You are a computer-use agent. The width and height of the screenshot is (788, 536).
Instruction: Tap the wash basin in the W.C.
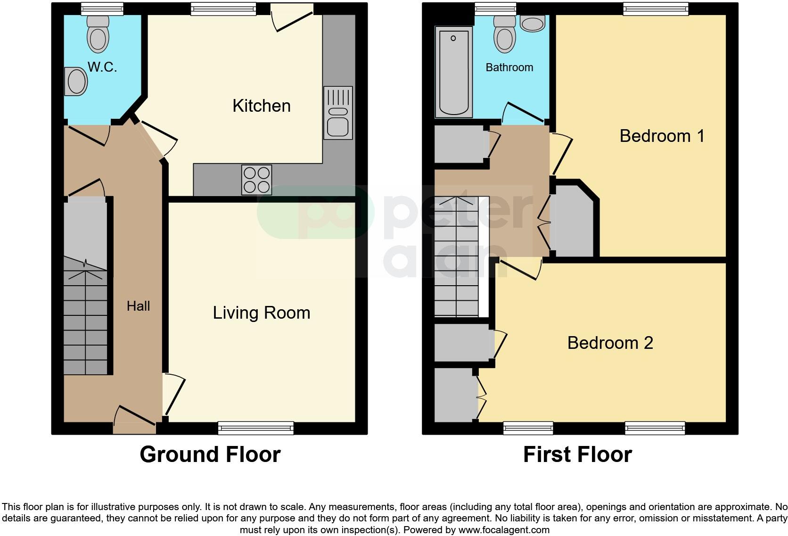coord(76,82)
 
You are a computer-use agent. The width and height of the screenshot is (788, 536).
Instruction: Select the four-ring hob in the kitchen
coord(256,180)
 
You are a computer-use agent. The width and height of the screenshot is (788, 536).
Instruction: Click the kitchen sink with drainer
coord(338,113)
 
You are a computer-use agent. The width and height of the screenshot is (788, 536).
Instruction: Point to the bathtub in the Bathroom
coord(453,72)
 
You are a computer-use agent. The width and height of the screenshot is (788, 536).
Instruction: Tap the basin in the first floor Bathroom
coord(533,24)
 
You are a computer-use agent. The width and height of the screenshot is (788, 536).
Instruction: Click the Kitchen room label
coord(261,106)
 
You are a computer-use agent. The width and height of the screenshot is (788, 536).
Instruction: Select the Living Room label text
coord(261,313)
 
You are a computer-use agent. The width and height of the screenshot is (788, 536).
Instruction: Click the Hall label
coord(138,306)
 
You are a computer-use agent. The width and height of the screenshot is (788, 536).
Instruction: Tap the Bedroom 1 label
coord(662,136)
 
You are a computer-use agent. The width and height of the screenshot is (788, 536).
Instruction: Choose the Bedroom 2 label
coord(610,343)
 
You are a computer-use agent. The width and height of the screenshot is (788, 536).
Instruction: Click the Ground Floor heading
coord(210,454)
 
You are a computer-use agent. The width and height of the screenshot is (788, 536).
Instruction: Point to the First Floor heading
coord(577,454)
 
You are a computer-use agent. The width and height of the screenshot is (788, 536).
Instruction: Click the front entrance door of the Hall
coord(134,422)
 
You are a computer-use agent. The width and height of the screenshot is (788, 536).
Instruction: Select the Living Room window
coord(255,428)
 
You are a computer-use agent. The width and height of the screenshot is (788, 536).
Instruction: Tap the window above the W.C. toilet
coord(102,8)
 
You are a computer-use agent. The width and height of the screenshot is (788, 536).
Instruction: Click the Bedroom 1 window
coord(655,8)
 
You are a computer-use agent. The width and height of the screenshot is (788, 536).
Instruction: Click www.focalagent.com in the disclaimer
coord(504,530)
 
